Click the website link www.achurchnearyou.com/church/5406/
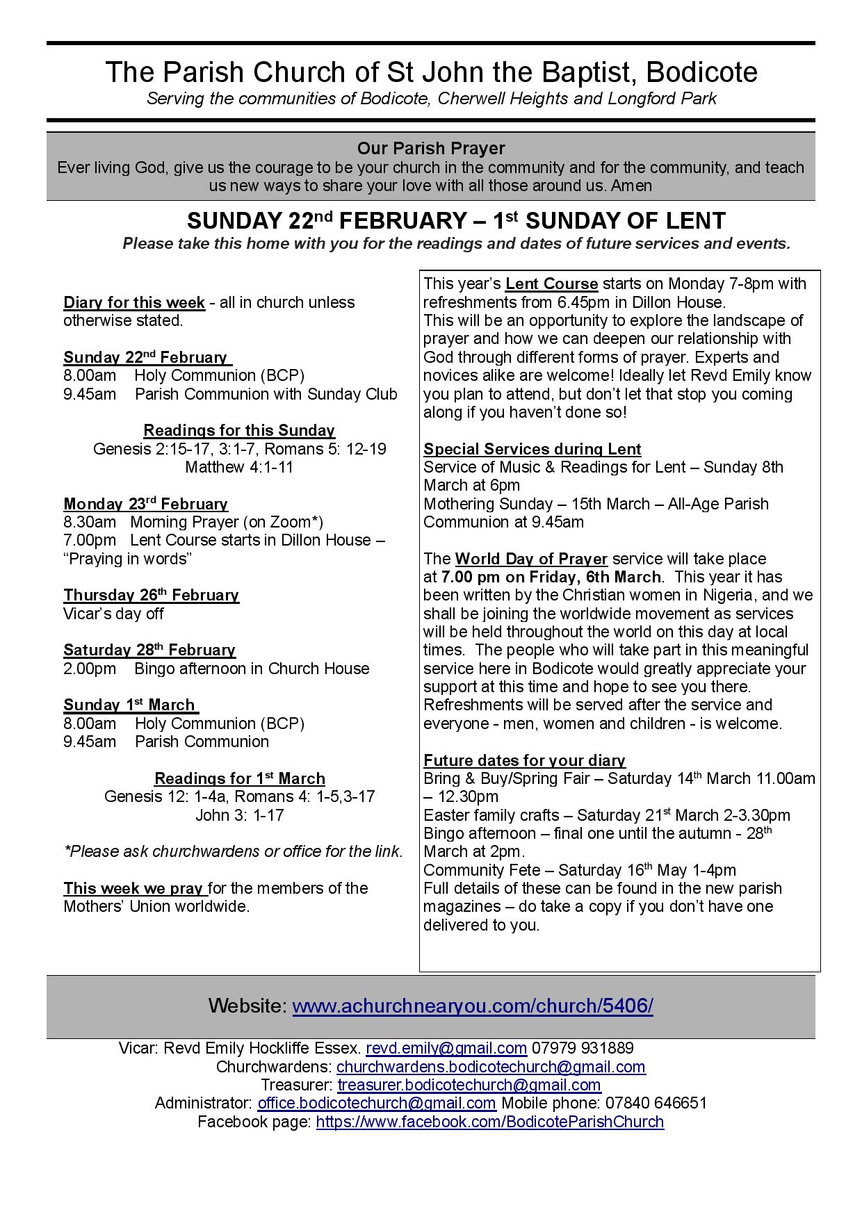point(472,1006)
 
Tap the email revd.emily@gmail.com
point(446,1048)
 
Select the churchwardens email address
point(491,1067)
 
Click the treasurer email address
point(469,1085)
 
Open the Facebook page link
point(489,1122)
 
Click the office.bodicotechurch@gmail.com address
point(376,1103)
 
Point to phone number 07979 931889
point(583,1048)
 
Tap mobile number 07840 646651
point(657,1103)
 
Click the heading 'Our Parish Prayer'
point(431,148)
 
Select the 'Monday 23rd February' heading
point(145,504)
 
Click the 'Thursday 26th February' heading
point(151,596)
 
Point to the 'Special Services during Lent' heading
point(532,449)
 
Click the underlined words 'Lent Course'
point(551,284)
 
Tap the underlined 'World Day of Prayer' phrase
point(531,559)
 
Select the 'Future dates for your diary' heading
point(524,760)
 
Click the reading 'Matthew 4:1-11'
point(239,467)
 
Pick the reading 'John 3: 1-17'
point(239,815)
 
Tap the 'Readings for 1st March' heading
point(239,778)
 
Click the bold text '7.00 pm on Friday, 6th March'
point(551,577)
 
